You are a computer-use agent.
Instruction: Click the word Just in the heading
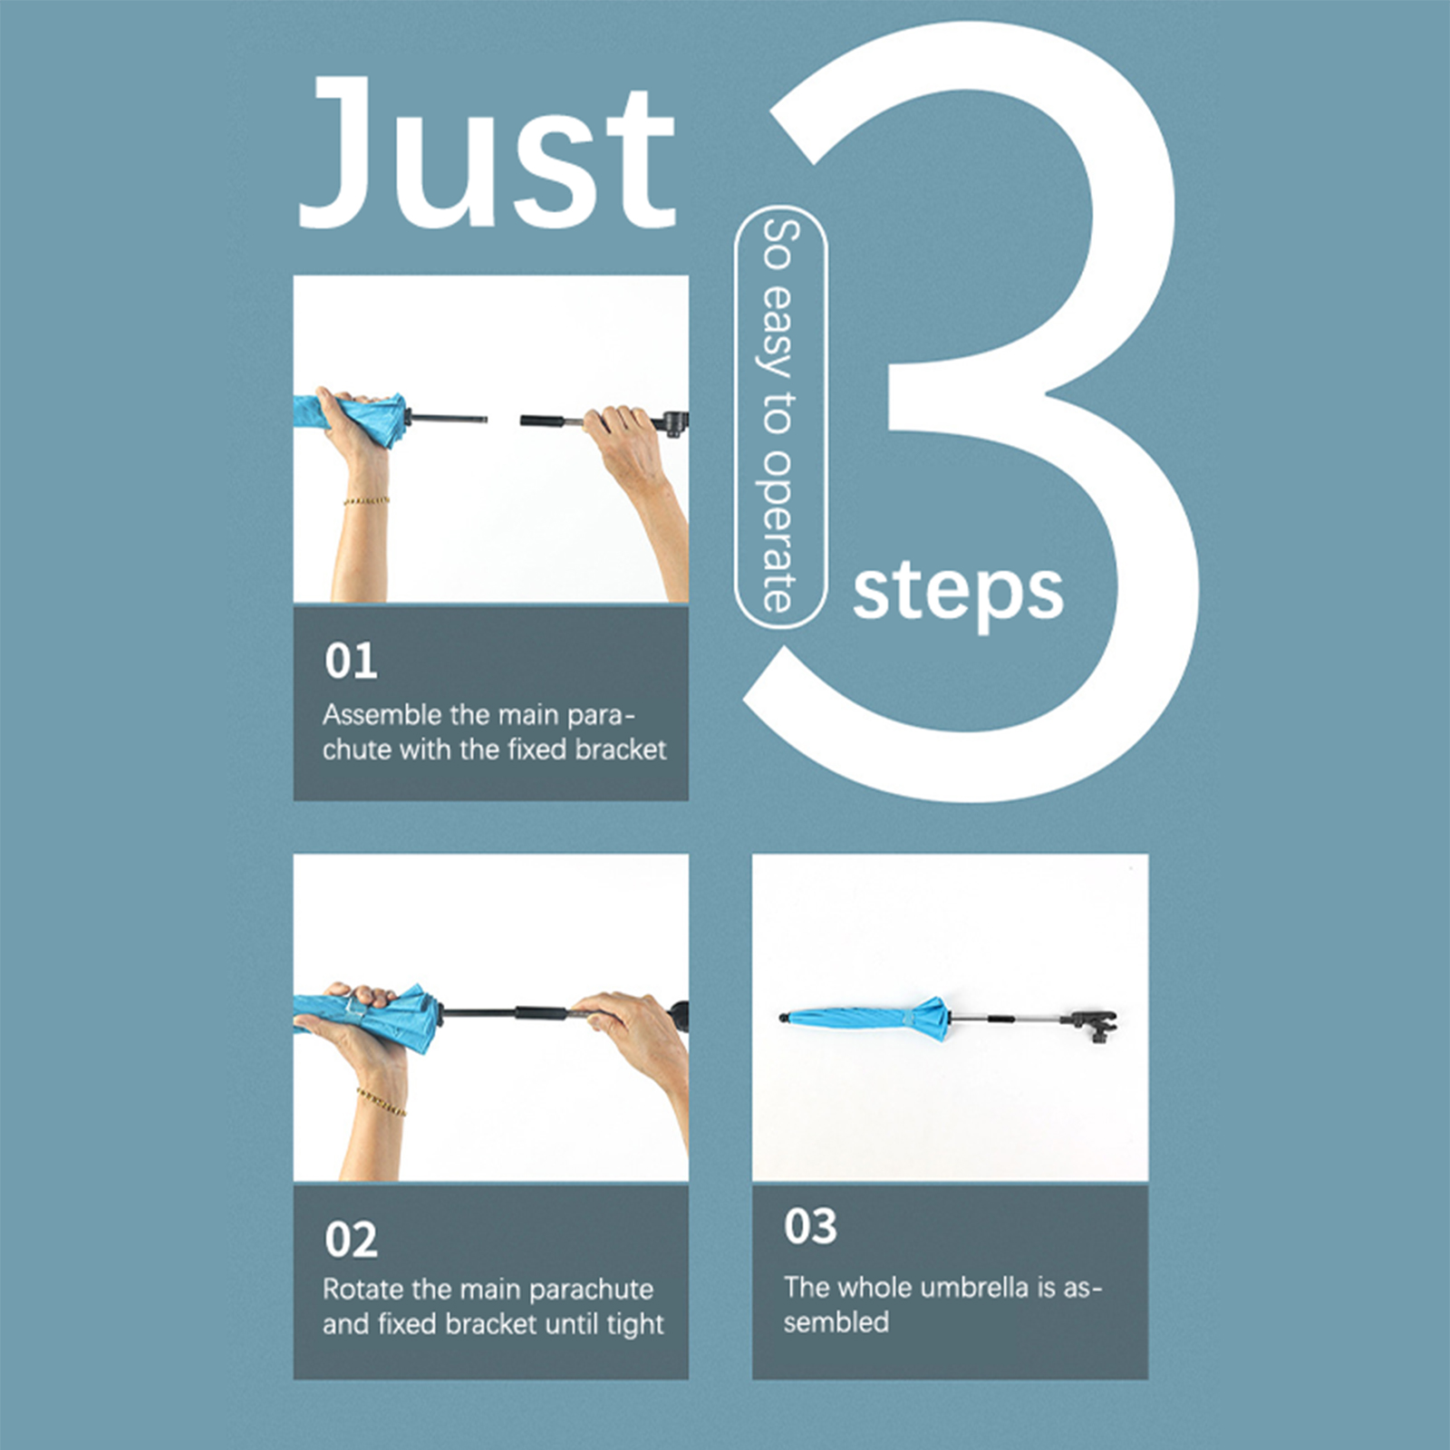point(488,152)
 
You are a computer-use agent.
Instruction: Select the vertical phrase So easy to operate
point(779,416)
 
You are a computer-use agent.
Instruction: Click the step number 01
point(351,661)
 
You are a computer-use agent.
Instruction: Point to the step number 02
point(351,1239)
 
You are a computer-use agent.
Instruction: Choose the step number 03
point(810,1226)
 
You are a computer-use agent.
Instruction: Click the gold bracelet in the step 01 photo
point(366,500)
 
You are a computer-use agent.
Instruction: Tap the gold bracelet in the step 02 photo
point(381,1100)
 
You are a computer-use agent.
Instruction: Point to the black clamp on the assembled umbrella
point(1094,1025)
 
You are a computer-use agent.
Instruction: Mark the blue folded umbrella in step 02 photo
point(367,1018)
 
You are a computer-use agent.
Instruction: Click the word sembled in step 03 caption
point(836,1322)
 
